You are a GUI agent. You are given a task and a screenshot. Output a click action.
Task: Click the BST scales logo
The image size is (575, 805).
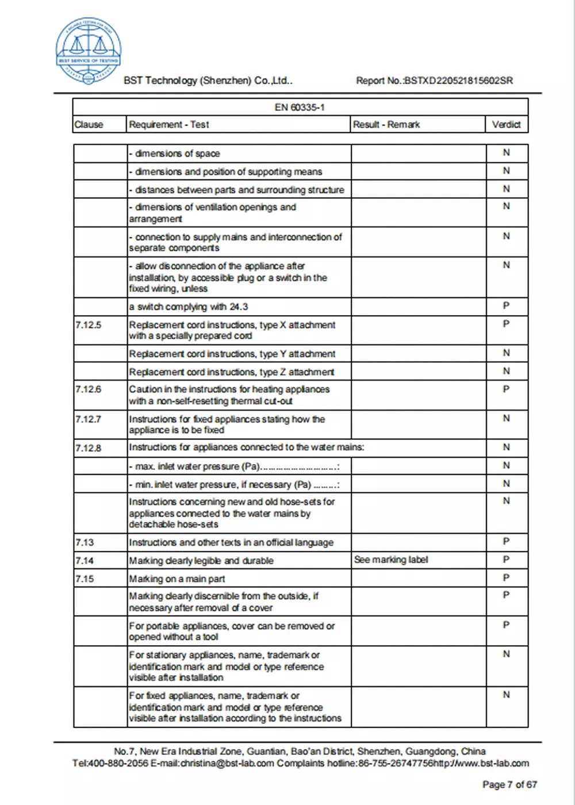88,51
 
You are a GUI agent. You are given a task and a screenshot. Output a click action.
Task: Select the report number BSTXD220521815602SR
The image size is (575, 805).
458,80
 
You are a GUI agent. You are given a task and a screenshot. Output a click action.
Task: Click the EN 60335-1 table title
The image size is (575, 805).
300,108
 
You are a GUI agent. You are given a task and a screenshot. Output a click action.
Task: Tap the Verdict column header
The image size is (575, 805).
506,124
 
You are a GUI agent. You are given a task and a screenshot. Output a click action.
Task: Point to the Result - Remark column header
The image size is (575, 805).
386,124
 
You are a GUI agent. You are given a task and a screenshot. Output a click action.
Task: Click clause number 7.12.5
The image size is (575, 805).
88,325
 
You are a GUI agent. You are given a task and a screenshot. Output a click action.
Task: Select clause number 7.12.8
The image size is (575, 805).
88,448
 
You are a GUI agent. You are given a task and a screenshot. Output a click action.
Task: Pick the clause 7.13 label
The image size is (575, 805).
85,542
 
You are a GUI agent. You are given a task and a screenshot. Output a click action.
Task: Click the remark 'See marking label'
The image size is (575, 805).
391,559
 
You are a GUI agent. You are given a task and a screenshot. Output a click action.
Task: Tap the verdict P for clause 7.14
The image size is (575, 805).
506,559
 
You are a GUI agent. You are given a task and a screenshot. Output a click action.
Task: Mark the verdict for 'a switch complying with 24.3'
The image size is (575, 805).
506,306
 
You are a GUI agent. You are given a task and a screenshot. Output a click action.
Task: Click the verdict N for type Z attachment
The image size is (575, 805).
506,371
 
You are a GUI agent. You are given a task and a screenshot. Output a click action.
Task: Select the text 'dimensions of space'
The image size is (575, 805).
177,154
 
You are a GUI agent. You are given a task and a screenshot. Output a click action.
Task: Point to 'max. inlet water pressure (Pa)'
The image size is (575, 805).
197,466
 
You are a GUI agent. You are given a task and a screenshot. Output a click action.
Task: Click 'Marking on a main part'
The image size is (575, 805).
177,579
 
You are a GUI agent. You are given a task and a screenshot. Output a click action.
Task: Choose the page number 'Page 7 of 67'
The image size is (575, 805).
509,784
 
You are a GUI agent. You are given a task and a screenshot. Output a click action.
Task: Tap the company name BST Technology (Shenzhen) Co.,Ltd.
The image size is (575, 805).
208,80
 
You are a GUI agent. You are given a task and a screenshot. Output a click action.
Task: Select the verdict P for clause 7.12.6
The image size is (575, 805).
506,389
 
